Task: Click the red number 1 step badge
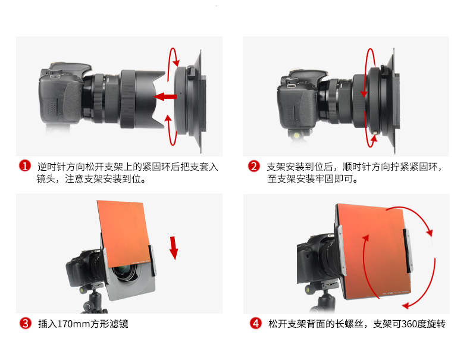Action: point(25,166)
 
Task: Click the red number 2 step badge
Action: point(253,166)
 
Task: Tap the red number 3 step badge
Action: point(26,323)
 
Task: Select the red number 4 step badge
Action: point(256,323)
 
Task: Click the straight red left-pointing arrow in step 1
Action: point(165,97)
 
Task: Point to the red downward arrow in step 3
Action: point(174,248)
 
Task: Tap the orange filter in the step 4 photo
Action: point(373,251)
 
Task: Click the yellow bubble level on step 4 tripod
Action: point(308,289)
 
